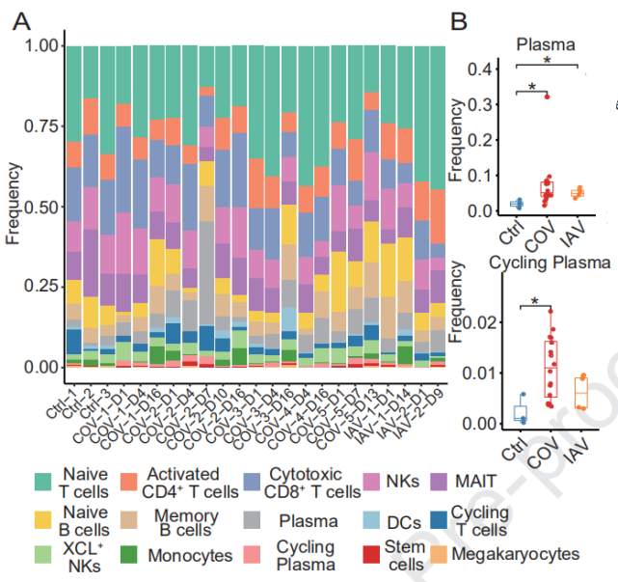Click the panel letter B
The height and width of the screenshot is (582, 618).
coord(460,20)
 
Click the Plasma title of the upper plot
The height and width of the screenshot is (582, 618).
coord(545,44)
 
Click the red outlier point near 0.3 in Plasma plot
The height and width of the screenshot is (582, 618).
coord(546,97)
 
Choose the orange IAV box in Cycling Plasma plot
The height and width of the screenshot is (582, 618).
coord(580,392)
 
